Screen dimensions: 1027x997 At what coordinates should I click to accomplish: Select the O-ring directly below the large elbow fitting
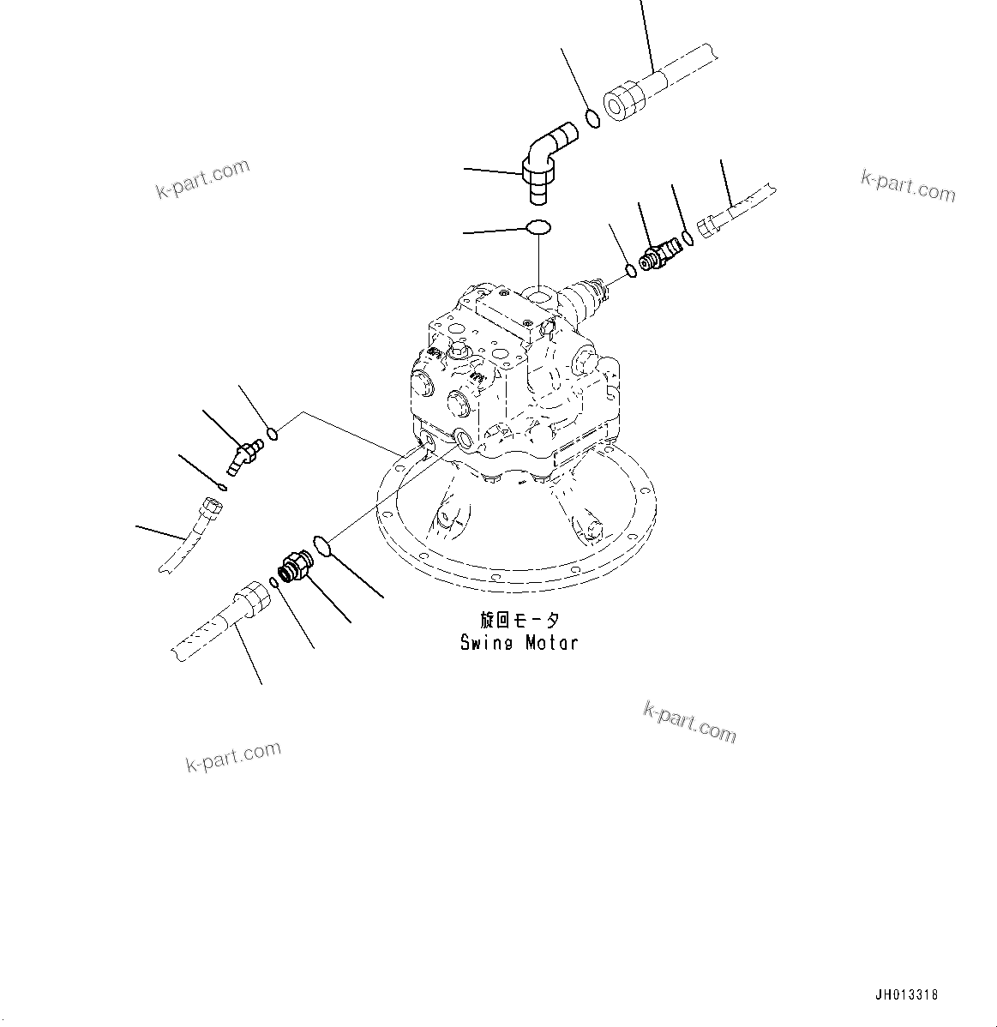tap(538, 228)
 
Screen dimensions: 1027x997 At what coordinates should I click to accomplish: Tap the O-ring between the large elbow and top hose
tap(592, 117)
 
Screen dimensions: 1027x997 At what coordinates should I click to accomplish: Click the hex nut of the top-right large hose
tap(625, 99)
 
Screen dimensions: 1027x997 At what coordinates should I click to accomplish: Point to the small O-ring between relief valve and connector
tap(632, 271)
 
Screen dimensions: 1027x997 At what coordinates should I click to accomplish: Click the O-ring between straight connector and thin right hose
tap(687, 238)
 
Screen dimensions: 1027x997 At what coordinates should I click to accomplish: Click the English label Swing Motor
tap(519, 642)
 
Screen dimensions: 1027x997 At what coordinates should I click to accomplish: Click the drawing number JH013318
tap(906, 995)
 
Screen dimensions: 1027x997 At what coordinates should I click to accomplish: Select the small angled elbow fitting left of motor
tap(243, 453)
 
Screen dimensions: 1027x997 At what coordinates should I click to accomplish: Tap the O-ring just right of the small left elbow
tap(273, 434)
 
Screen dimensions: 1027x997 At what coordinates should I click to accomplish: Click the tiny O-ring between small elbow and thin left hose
tap(222, 487)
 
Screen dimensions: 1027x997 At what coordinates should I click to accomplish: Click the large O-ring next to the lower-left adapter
tap(321, 544)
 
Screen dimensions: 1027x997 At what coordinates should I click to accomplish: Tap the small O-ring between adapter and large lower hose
tap(273, 583)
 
